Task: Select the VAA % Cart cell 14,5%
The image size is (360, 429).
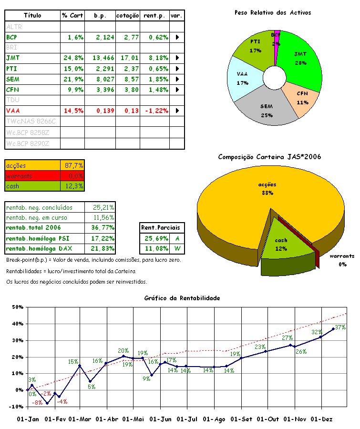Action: (73, 111)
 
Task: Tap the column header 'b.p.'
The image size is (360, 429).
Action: (100, 16)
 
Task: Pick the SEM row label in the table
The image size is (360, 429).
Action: (13, 79)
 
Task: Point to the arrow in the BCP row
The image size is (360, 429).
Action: (178, 37)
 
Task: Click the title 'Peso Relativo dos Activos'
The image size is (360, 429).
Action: (273, 12)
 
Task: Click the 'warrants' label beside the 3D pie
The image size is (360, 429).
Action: (342, 256)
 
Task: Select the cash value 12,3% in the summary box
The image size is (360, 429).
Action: (73, 186)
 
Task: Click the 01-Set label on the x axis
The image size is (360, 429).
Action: (242, 419)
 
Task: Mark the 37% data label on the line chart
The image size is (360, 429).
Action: (340, 327)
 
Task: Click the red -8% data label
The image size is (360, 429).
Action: (37, 403)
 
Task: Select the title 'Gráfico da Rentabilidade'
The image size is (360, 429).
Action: (182, 298)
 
